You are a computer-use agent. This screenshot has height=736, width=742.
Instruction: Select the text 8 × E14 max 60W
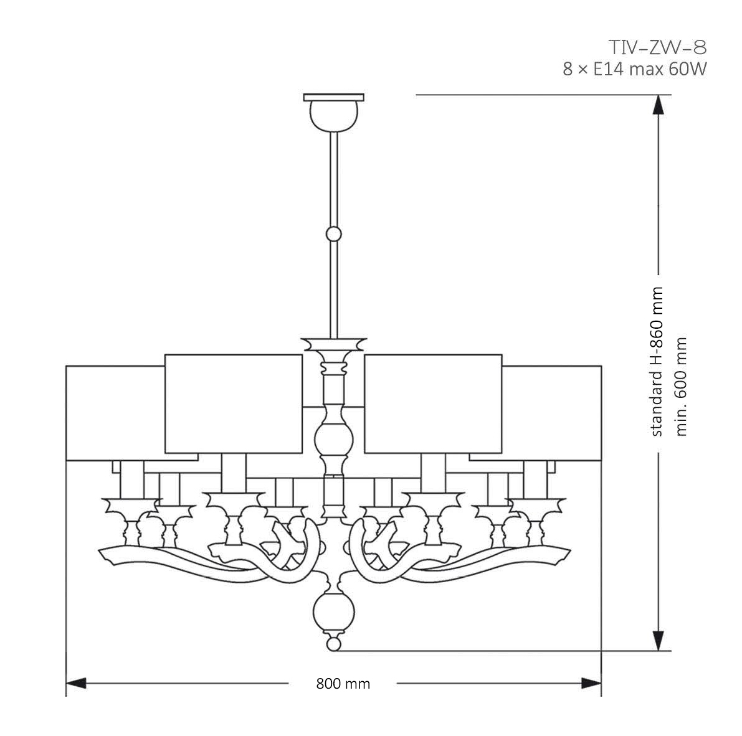point(635,69)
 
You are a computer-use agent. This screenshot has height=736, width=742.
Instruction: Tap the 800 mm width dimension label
point(343,684)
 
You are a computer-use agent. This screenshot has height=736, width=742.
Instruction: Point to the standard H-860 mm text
point(656,362)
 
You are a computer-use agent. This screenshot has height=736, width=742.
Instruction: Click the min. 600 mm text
point(680,386)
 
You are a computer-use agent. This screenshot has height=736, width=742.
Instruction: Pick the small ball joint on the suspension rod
point(334,235)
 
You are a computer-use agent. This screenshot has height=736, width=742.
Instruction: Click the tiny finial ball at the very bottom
point(334,643)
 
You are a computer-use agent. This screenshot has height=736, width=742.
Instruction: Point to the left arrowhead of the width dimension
point(76,684)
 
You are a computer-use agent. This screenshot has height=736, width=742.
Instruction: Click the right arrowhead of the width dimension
point(591,684)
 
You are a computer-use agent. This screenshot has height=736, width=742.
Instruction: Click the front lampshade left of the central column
point(233,403)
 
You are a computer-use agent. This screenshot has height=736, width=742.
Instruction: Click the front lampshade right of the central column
point(433,403)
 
